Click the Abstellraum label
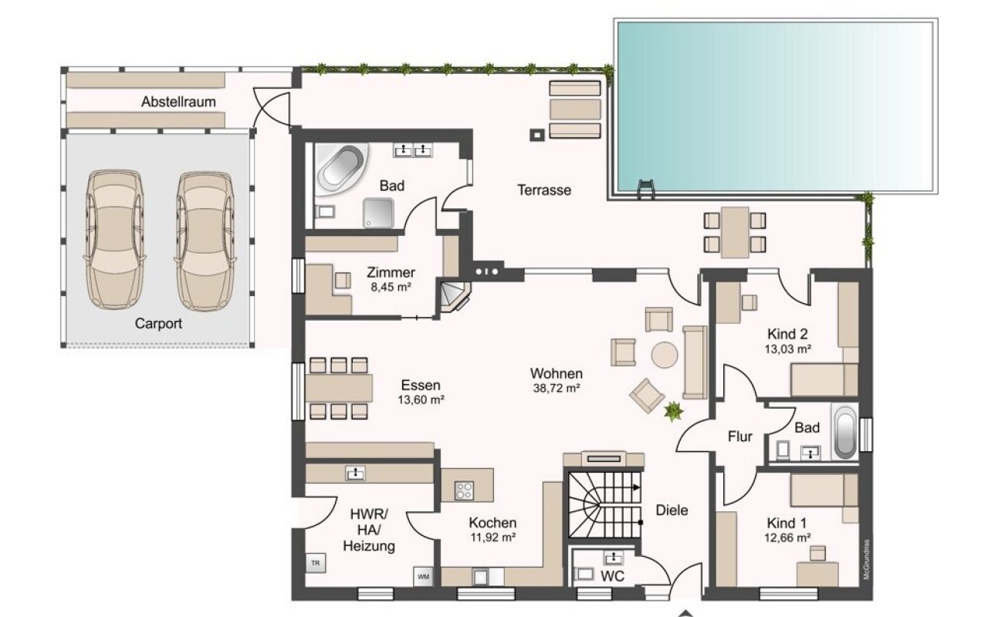(x=178, y=102)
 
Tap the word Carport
(x=158, y=323)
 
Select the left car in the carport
(x=115, y=240)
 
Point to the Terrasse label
(x=544, y=190)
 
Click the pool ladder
(x=646, y=190)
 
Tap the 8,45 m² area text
(x=391, y=288)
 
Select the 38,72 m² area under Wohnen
(x=557, y=388)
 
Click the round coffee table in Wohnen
(x=665, y=355)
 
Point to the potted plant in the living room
(x=673, y=411)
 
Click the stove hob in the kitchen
(x=464, y=490)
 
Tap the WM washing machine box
(x=424, y=576)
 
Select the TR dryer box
(x=316, y=563)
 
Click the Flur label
(x=740, y=437)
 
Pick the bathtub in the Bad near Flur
(x=845, y=433)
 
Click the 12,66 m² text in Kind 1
(x=787, y=538)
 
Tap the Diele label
(x=672, y=511)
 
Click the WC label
(x=613, y=576)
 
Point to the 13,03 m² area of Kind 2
(x=788, y=349)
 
